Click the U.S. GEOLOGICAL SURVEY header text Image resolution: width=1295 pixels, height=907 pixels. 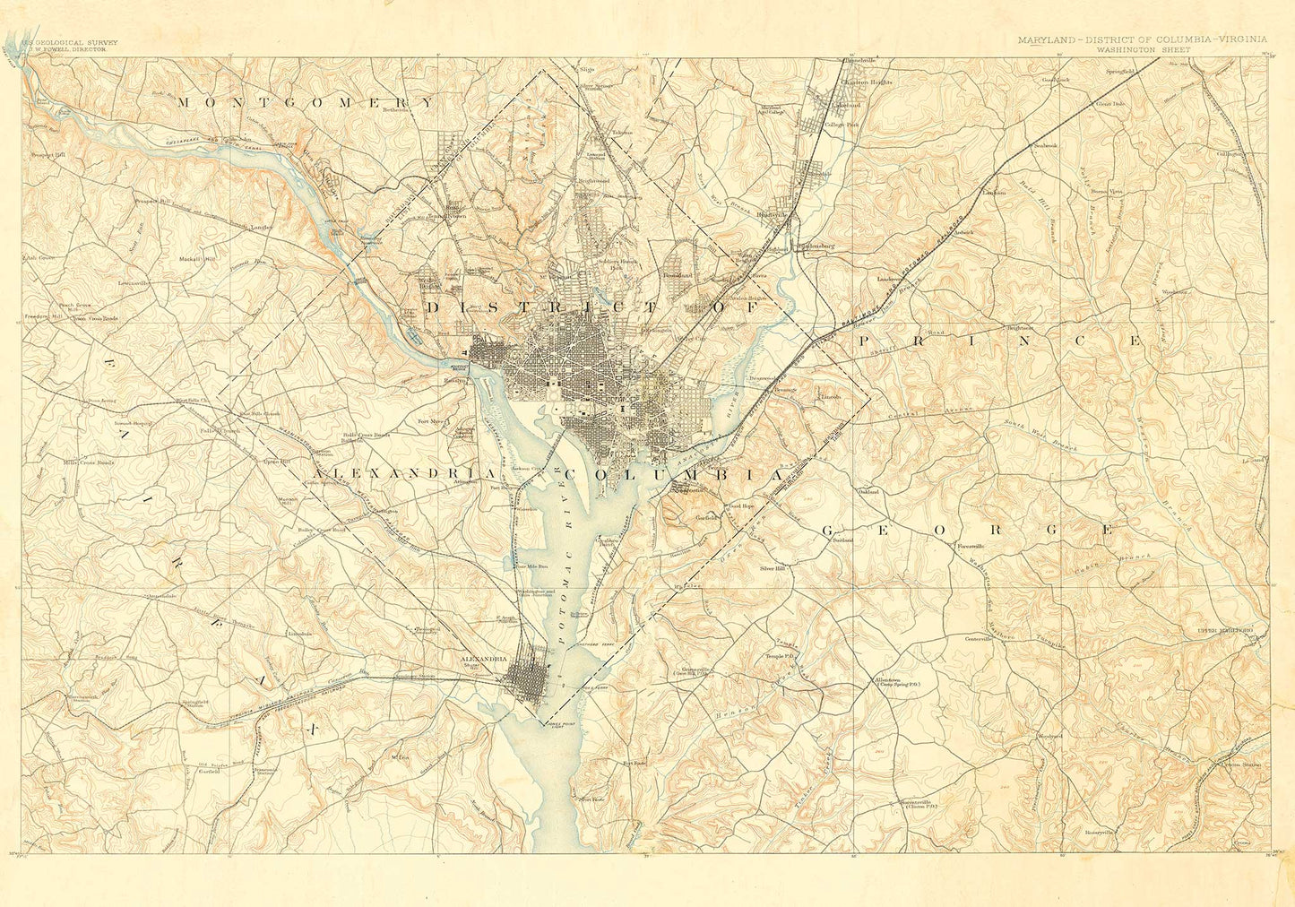pos(66,41)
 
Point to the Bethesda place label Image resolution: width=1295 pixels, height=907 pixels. pos(395,110)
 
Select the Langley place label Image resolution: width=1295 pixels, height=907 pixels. pos(261,228)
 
